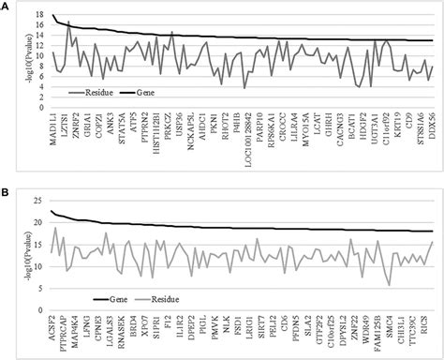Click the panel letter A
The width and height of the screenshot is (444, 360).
(6, 6)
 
